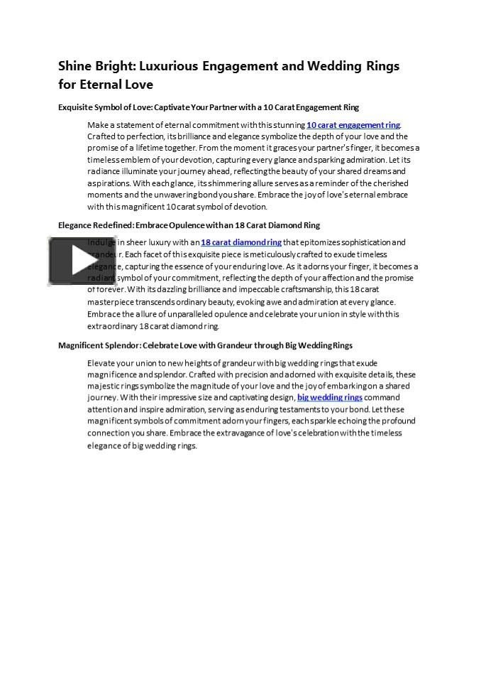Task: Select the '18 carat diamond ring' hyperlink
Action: pyautogui.click(x=240, y=242)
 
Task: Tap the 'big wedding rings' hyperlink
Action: pyautogui.click(x=330, y=397)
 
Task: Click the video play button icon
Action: pyautogui.click(x=73, y=261)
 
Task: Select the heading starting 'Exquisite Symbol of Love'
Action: pyautogui.click(x=208, y=107)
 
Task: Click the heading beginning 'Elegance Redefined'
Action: pyautogui.click(x=189, y=225)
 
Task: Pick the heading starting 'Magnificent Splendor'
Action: pyautogui.click(x=205, y=345)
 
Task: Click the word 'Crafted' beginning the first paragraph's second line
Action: pyautogui.click(x=101, y=136)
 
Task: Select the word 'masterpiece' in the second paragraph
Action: pyautogui.click(x=110, y=302)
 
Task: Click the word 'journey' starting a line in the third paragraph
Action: pyautogui.click(x=101, y=398)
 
